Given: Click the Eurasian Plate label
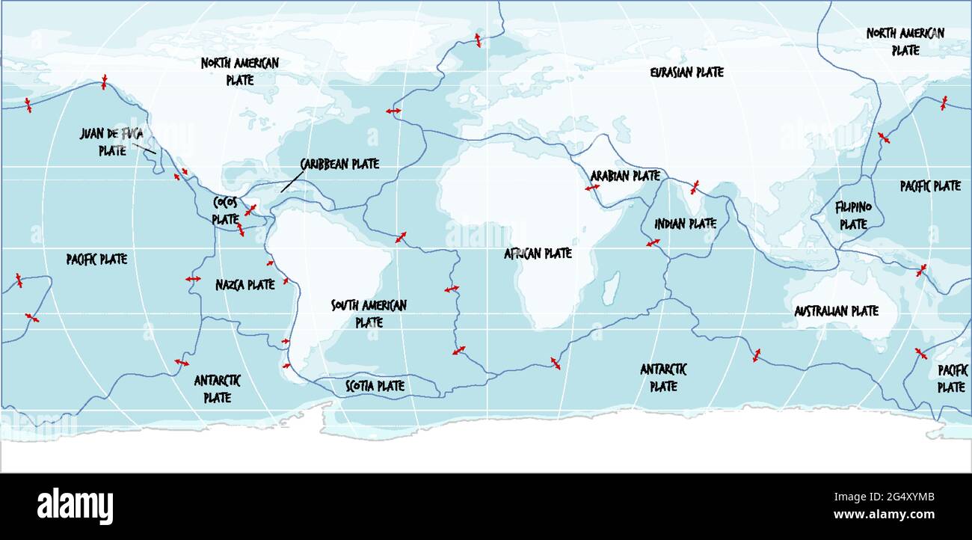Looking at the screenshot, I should click(686, 73).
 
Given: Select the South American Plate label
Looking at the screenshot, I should click(369, 313).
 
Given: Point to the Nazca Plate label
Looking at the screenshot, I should click(244, 285).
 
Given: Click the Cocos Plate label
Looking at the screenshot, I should click(225, 211).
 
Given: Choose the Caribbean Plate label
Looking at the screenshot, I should click(339, 164).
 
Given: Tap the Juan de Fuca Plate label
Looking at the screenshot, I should click(111, 141).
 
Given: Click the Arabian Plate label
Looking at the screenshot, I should click(625, 176).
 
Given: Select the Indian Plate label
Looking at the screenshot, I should click(685, 224).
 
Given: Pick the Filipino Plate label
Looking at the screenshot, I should click(853, 215).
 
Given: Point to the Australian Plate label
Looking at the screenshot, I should click(836, 311).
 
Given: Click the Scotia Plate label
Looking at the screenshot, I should click(375, 386).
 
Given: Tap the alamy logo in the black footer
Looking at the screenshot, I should click(75, 505).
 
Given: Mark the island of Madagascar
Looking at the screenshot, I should click(610, 285).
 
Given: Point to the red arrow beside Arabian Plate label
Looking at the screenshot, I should click(592, 188).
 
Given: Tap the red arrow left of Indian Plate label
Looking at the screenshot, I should click(653, 243).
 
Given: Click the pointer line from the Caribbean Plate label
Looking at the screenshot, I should click(292, 182).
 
